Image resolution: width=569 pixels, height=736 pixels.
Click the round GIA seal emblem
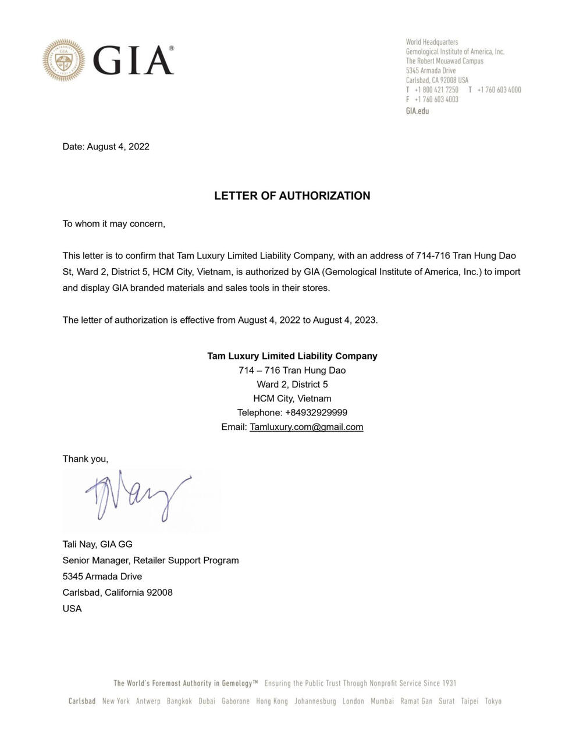point(63,60)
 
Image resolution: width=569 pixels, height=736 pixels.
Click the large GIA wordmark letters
point(133,60)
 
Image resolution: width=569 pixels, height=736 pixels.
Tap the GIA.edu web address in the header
point(417,111)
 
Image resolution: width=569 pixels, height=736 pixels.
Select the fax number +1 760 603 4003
point(436,99)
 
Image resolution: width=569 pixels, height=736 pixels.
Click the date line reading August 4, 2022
point(106,147)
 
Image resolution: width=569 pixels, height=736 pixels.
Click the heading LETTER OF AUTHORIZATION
point(292,195)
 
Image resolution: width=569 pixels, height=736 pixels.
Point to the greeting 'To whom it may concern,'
point(114,224)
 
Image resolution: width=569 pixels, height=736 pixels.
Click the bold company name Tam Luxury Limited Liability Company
point(292,356)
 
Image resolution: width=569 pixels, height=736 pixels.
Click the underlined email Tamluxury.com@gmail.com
point(306,427)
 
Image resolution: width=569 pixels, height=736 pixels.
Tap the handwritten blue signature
point(137,497)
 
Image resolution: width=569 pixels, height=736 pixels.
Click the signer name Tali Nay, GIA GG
point(98,545)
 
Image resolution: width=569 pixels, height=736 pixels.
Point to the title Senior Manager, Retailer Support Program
point(151,560)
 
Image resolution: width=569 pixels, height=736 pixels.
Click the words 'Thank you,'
point(86,459)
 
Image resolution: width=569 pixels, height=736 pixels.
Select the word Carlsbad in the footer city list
point(82,701)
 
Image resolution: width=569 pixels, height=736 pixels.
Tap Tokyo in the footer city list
point(493,701)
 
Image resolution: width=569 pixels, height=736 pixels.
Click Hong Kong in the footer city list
point(272,701)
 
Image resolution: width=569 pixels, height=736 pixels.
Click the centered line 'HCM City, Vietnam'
point(292,399)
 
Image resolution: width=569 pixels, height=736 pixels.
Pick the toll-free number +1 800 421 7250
point(436,90)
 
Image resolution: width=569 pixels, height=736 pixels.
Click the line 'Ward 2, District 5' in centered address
point(292,385)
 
